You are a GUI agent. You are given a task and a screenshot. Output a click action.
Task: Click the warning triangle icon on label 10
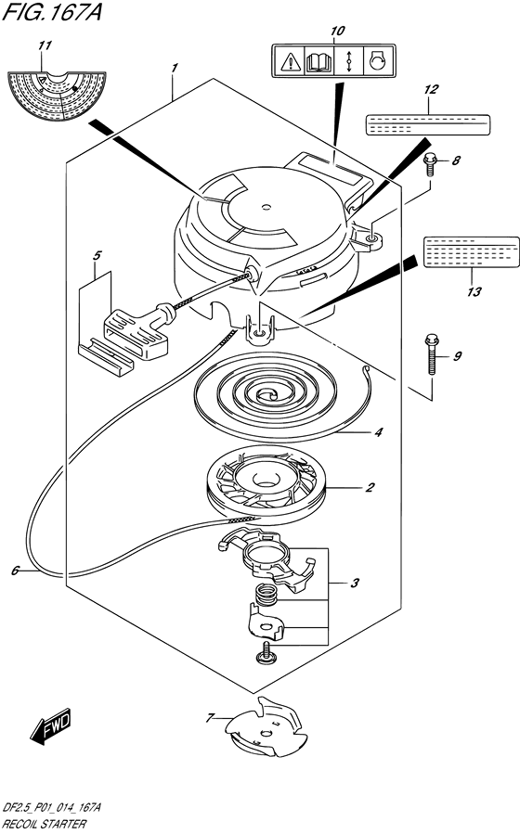tap(291, 62)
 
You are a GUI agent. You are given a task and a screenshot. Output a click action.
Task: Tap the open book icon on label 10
tap(319, 62)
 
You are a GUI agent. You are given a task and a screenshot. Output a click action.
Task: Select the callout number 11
tap(45, 45)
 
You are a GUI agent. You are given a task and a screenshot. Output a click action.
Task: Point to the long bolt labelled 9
tap(432, 353)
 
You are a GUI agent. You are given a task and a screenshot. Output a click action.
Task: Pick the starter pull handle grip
tap(136, 335)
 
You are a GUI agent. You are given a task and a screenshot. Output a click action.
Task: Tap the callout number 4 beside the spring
tap(378, 432)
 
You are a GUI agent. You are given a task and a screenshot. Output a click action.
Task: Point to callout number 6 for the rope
tap(15, 571)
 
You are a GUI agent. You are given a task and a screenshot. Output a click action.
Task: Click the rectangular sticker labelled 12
tap(428, 124)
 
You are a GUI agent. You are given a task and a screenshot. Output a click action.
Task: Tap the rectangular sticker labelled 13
tap(471, 252)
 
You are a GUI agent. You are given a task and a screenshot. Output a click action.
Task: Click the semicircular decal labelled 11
tap(57, 96)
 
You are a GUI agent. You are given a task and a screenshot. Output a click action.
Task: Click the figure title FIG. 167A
tap(52, 11)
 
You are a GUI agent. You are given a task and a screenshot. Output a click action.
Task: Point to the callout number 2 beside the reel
tap(370, 488)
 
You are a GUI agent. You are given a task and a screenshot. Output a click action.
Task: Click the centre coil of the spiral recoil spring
tap(266, 394)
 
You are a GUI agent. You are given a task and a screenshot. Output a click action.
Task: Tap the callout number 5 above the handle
tap(97, 256)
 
